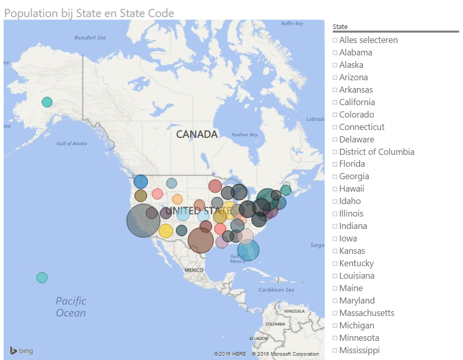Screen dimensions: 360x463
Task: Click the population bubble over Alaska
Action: tap(47, 102)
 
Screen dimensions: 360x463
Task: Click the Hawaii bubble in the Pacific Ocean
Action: tap(42, 278)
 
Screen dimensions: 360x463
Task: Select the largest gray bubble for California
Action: tap(143, 220)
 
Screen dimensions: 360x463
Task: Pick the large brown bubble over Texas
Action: tap(200, 240)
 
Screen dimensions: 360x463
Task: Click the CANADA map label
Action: tap(197, 135)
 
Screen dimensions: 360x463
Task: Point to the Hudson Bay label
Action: tap(244, 135)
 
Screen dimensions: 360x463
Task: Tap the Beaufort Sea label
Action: tap(90, 37)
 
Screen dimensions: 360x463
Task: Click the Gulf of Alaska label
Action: tap(71, 143)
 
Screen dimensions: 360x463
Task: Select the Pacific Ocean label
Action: tap(71, 307)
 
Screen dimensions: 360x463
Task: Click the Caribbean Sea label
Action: tap(277, 290)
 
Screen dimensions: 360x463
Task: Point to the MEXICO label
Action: tap(194, 270)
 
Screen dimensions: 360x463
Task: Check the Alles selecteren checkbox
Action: tap(335, 40)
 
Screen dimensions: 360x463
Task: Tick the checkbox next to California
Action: tap(335, 103)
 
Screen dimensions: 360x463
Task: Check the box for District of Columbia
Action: tap(335, 152)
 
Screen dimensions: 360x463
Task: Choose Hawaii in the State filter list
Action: tap(352, 189)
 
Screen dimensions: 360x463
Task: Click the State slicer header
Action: tap(340, 26)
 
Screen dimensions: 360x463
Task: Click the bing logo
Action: tap(21, 351)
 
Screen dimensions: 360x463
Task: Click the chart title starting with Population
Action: tap(89, 13)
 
